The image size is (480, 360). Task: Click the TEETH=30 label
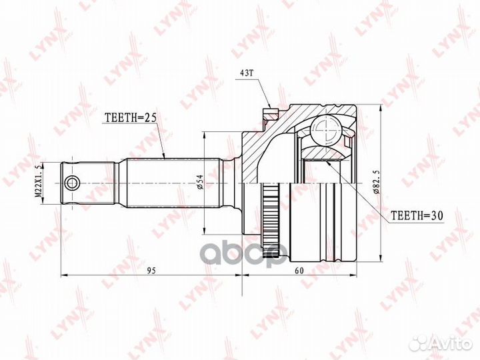[415, 215]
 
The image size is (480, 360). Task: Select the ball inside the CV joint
[327, 130]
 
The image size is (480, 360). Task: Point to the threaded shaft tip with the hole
[83, 181]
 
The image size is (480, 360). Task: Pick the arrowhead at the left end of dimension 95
[63, 274]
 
